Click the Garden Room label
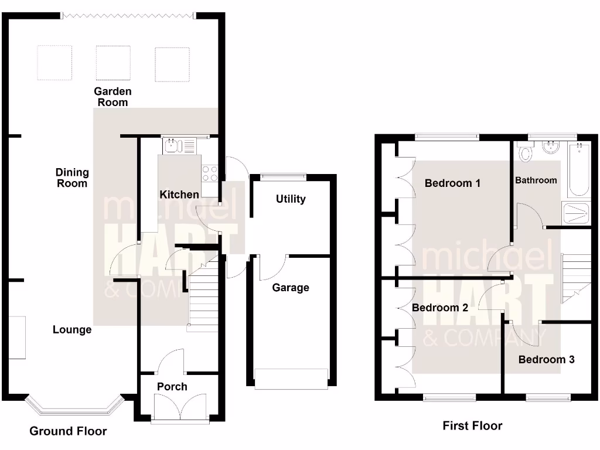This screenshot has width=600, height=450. point(112,97)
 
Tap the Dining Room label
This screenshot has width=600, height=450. point(72,178)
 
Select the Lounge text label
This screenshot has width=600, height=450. point(72,330)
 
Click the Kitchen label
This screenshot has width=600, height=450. point(179,194)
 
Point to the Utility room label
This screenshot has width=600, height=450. point(291,199)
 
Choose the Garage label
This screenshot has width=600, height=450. point(291,288)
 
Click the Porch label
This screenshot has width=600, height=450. point(172,387)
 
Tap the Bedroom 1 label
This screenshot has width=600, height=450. point(452,183)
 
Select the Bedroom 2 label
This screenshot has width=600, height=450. point(439,308)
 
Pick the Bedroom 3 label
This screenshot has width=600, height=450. point(546,359)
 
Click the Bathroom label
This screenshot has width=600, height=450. point(536,180)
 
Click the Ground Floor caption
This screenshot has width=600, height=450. point(68,432)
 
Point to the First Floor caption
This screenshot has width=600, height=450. point(472,426)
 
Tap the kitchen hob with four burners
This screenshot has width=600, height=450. point(210,173)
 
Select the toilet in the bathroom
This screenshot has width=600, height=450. point(525,153)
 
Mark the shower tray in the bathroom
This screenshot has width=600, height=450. point(577,214)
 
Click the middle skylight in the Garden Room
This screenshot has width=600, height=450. point(114,63)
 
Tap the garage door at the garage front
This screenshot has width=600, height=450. point(291,379)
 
